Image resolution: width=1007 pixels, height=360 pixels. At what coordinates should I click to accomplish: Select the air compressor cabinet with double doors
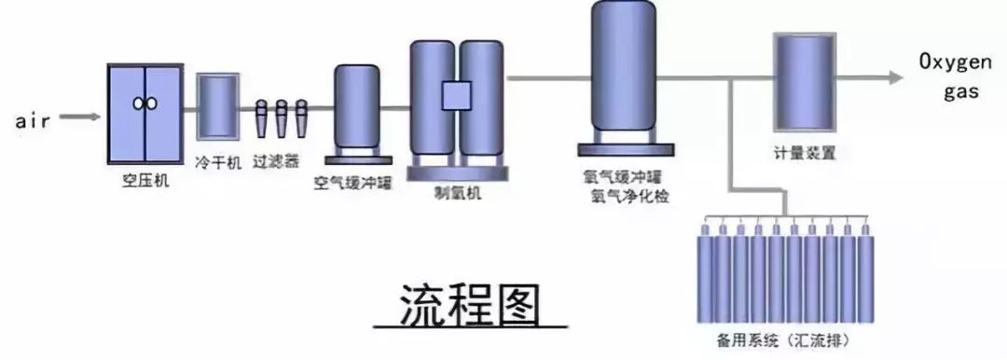(x=144, y=112)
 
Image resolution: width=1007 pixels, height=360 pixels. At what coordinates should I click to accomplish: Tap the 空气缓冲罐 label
(x=353, y=182)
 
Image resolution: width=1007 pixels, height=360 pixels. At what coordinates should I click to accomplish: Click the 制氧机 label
(x=458, y=193)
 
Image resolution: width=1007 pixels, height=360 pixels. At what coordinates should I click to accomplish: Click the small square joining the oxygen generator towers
(x=458, y=95)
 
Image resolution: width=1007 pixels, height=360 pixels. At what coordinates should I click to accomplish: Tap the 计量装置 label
(x=804, y=153)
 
